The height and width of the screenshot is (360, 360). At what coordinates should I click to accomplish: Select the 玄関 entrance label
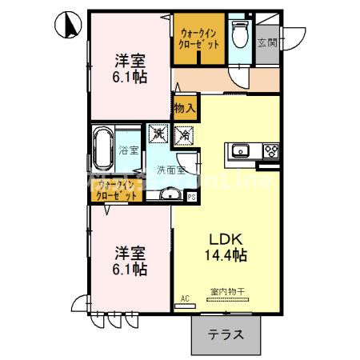pyautogui.click(x=266, y=42)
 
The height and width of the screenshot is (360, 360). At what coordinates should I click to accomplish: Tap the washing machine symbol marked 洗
pyautogui.click(x=158, y=134)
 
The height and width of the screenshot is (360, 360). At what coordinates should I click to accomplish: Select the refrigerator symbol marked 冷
pyautogui.click(x=182, y=134)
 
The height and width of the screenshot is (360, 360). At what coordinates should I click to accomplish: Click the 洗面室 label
pyautogui.click(x=170, y=170)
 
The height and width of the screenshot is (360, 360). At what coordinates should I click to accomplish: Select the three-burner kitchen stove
pyautogui.click(x=268, y=150)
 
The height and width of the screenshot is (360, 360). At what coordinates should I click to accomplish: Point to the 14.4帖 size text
pyautogui.click(x=227, y=255)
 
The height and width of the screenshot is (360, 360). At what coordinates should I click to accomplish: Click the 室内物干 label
pyautogui.click(x=228, y=292)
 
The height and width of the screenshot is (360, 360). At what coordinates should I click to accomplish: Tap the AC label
pyautogui.click(x=185, y=299)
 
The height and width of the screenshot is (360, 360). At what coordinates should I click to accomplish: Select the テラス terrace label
pyautogui.click(x=226, y=335)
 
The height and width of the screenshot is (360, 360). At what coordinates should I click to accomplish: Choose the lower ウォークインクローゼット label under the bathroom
pyautogui.click(x=114, y=190)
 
